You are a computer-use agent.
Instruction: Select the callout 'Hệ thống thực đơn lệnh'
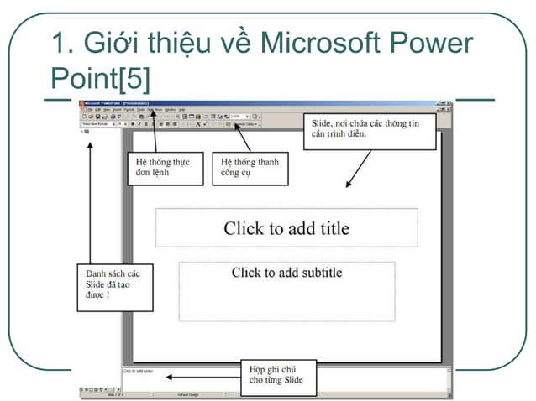tap(166, 166)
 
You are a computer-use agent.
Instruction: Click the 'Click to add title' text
tap(286, 228)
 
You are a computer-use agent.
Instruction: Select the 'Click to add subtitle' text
tap(286, 273)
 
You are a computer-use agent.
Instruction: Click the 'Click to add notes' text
tap(139, 371)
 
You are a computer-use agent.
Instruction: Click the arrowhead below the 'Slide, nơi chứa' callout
tap(347, 184)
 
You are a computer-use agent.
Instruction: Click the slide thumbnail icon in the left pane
tap(86, 132)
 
